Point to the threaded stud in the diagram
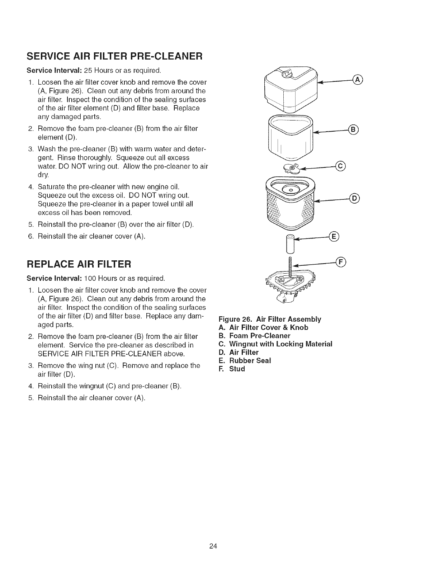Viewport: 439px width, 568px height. [x=291, y=265]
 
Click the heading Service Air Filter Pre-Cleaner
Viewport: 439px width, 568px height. [x=114, y=57]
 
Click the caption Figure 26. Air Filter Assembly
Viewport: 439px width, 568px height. [x=270, y=319]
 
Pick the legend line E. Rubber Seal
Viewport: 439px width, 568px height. [x=245, y=360]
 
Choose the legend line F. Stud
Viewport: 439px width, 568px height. [x=231, y=369]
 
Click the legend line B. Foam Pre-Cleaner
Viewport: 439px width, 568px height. [x=254, y=336]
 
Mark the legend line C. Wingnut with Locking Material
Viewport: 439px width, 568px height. [x=275, y=344]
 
